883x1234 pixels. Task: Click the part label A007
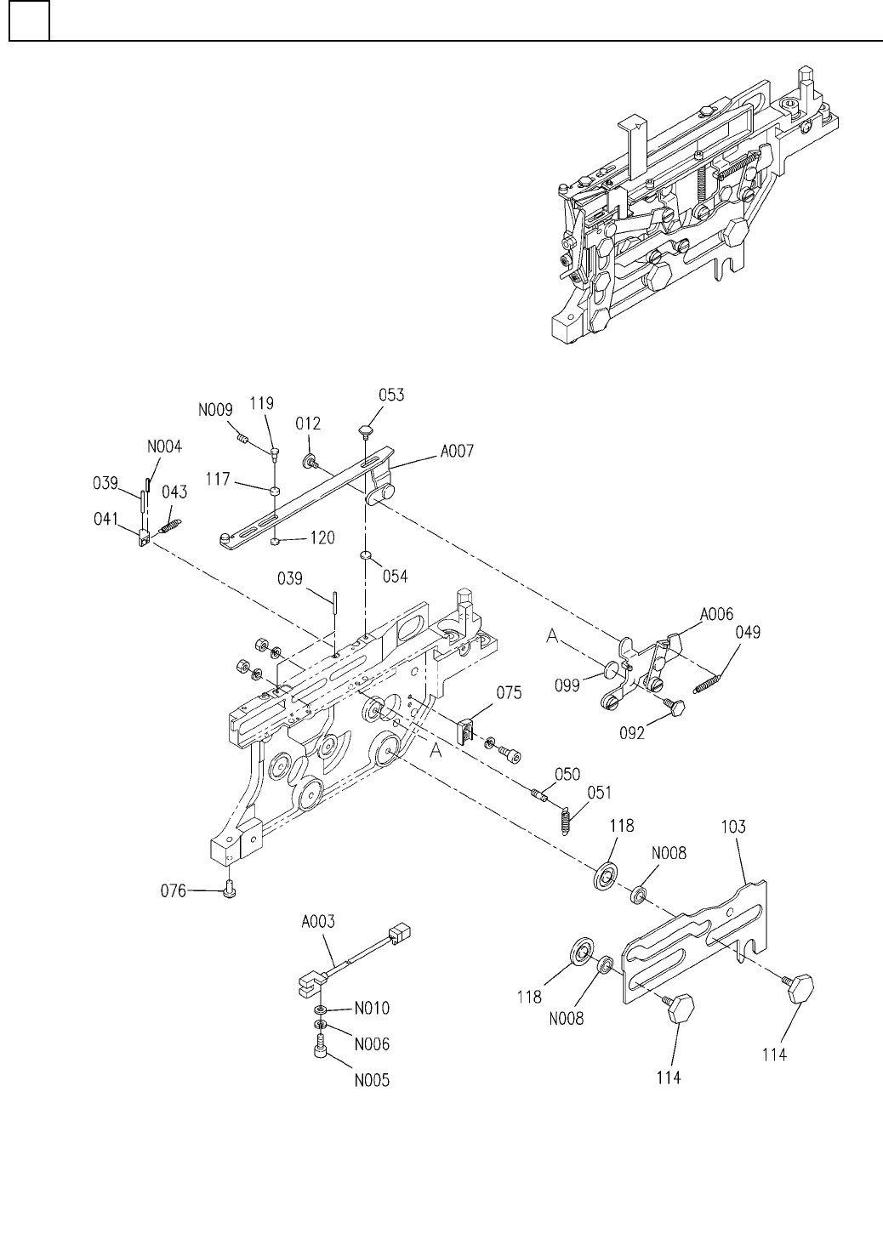(x=456, y=455)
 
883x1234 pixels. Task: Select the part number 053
(x=392, y=395)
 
